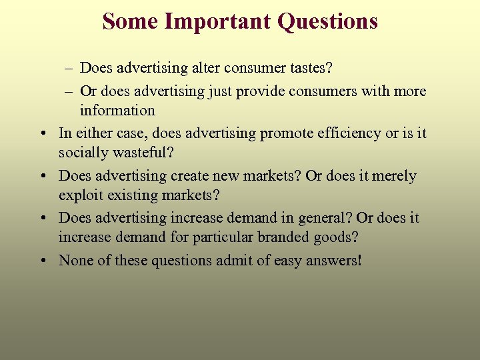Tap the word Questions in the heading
click(x=327, y=22)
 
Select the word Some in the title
click(x=130, y=22)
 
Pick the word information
click(x=117, y=111)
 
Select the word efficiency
click(x=352, y=133)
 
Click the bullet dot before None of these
click(x=43, y=261)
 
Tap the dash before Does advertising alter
click(x=70, y=69)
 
